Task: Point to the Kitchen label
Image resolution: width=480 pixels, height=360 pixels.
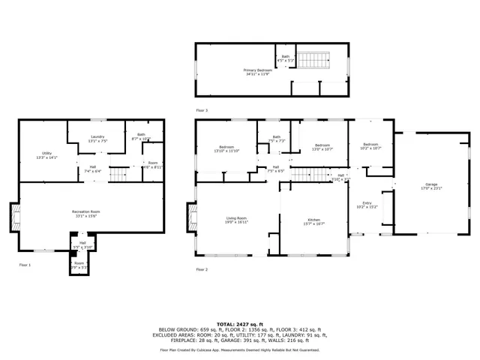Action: tap(313, 220)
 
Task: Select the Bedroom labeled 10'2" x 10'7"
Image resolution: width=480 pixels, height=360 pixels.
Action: tap(371, 146)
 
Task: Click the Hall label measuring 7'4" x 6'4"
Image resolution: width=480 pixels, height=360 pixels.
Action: tap(93, 169)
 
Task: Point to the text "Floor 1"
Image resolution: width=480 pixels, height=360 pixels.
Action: tap(25, 265)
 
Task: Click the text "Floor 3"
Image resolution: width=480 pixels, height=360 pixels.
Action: tap(202, 109)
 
